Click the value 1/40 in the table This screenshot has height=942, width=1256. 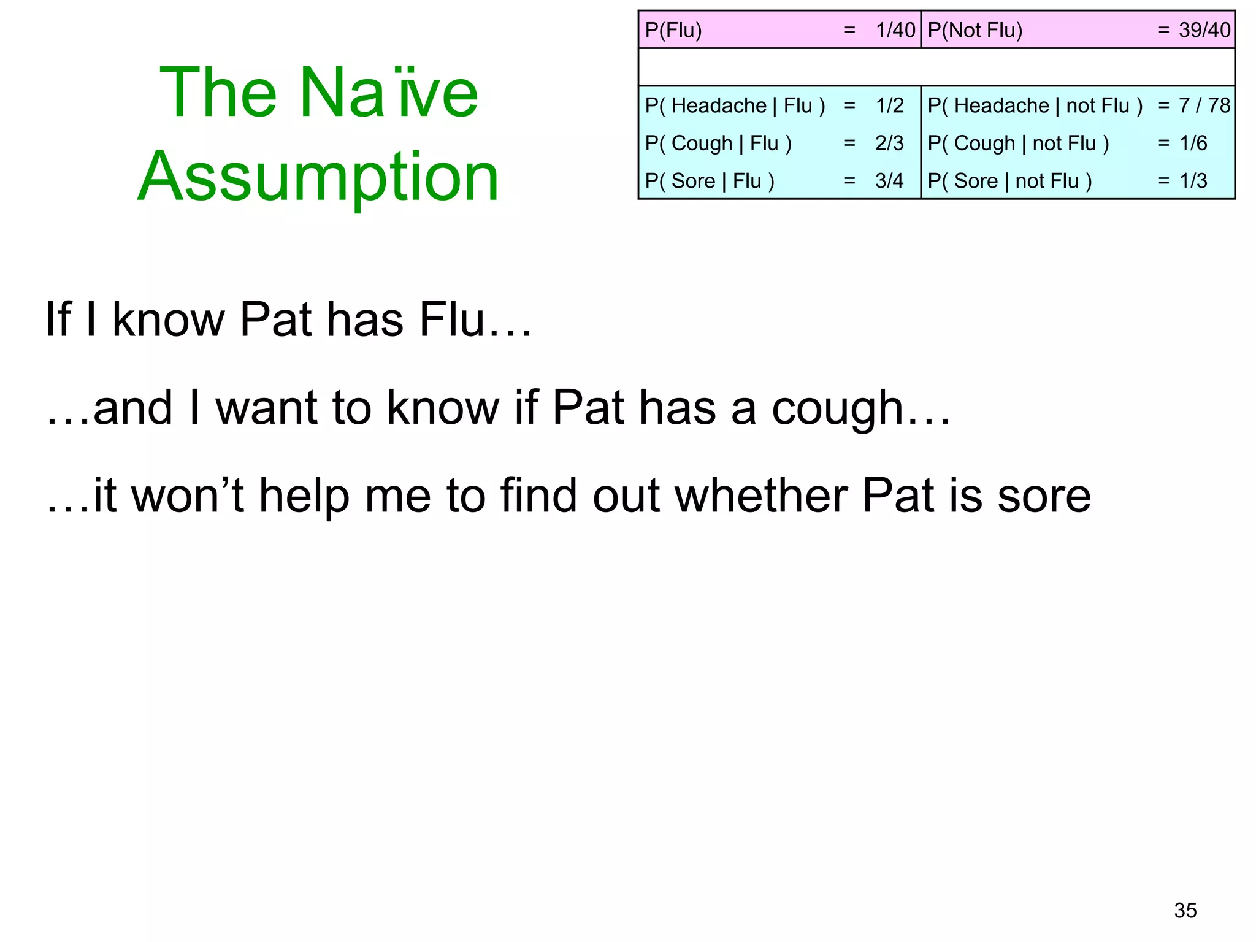click(895, 30)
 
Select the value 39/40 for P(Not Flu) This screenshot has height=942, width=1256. click(1204, 30)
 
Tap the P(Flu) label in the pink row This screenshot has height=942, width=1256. click(673, 30)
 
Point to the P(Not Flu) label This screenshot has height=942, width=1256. click(975, 30)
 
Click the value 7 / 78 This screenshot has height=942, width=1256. click(1204, 105)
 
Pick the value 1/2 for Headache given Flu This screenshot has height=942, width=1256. click(889, 105)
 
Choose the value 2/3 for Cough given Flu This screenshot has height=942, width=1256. click(889, 144)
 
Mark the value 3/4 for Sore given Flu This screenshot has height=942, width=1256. click(889, 181)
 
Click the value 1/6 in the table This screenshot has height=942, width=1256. click(1193, 144)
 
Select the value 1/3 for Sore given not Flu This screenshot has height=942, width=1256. click(1193, 181)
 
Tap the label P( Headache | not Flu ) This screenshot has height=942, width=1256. click(1035, 105)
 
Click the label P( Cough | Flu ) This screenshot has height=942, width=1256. click(718, 144)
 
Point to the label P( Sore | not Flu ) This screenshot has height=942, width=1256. click(1009, 181)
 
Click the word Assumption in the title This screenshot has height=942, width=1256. click(318, 178)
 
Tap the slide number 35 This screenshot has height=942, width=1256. click(1185, 910)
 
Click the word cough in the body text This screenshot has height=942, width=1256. click(837, 408)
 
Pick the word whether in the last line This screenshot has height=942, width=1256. click(761, 496)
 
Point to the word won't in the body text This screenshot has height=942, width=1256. click(188, 496)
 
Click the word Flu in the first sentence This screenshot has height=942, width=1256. click(452, 320)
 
